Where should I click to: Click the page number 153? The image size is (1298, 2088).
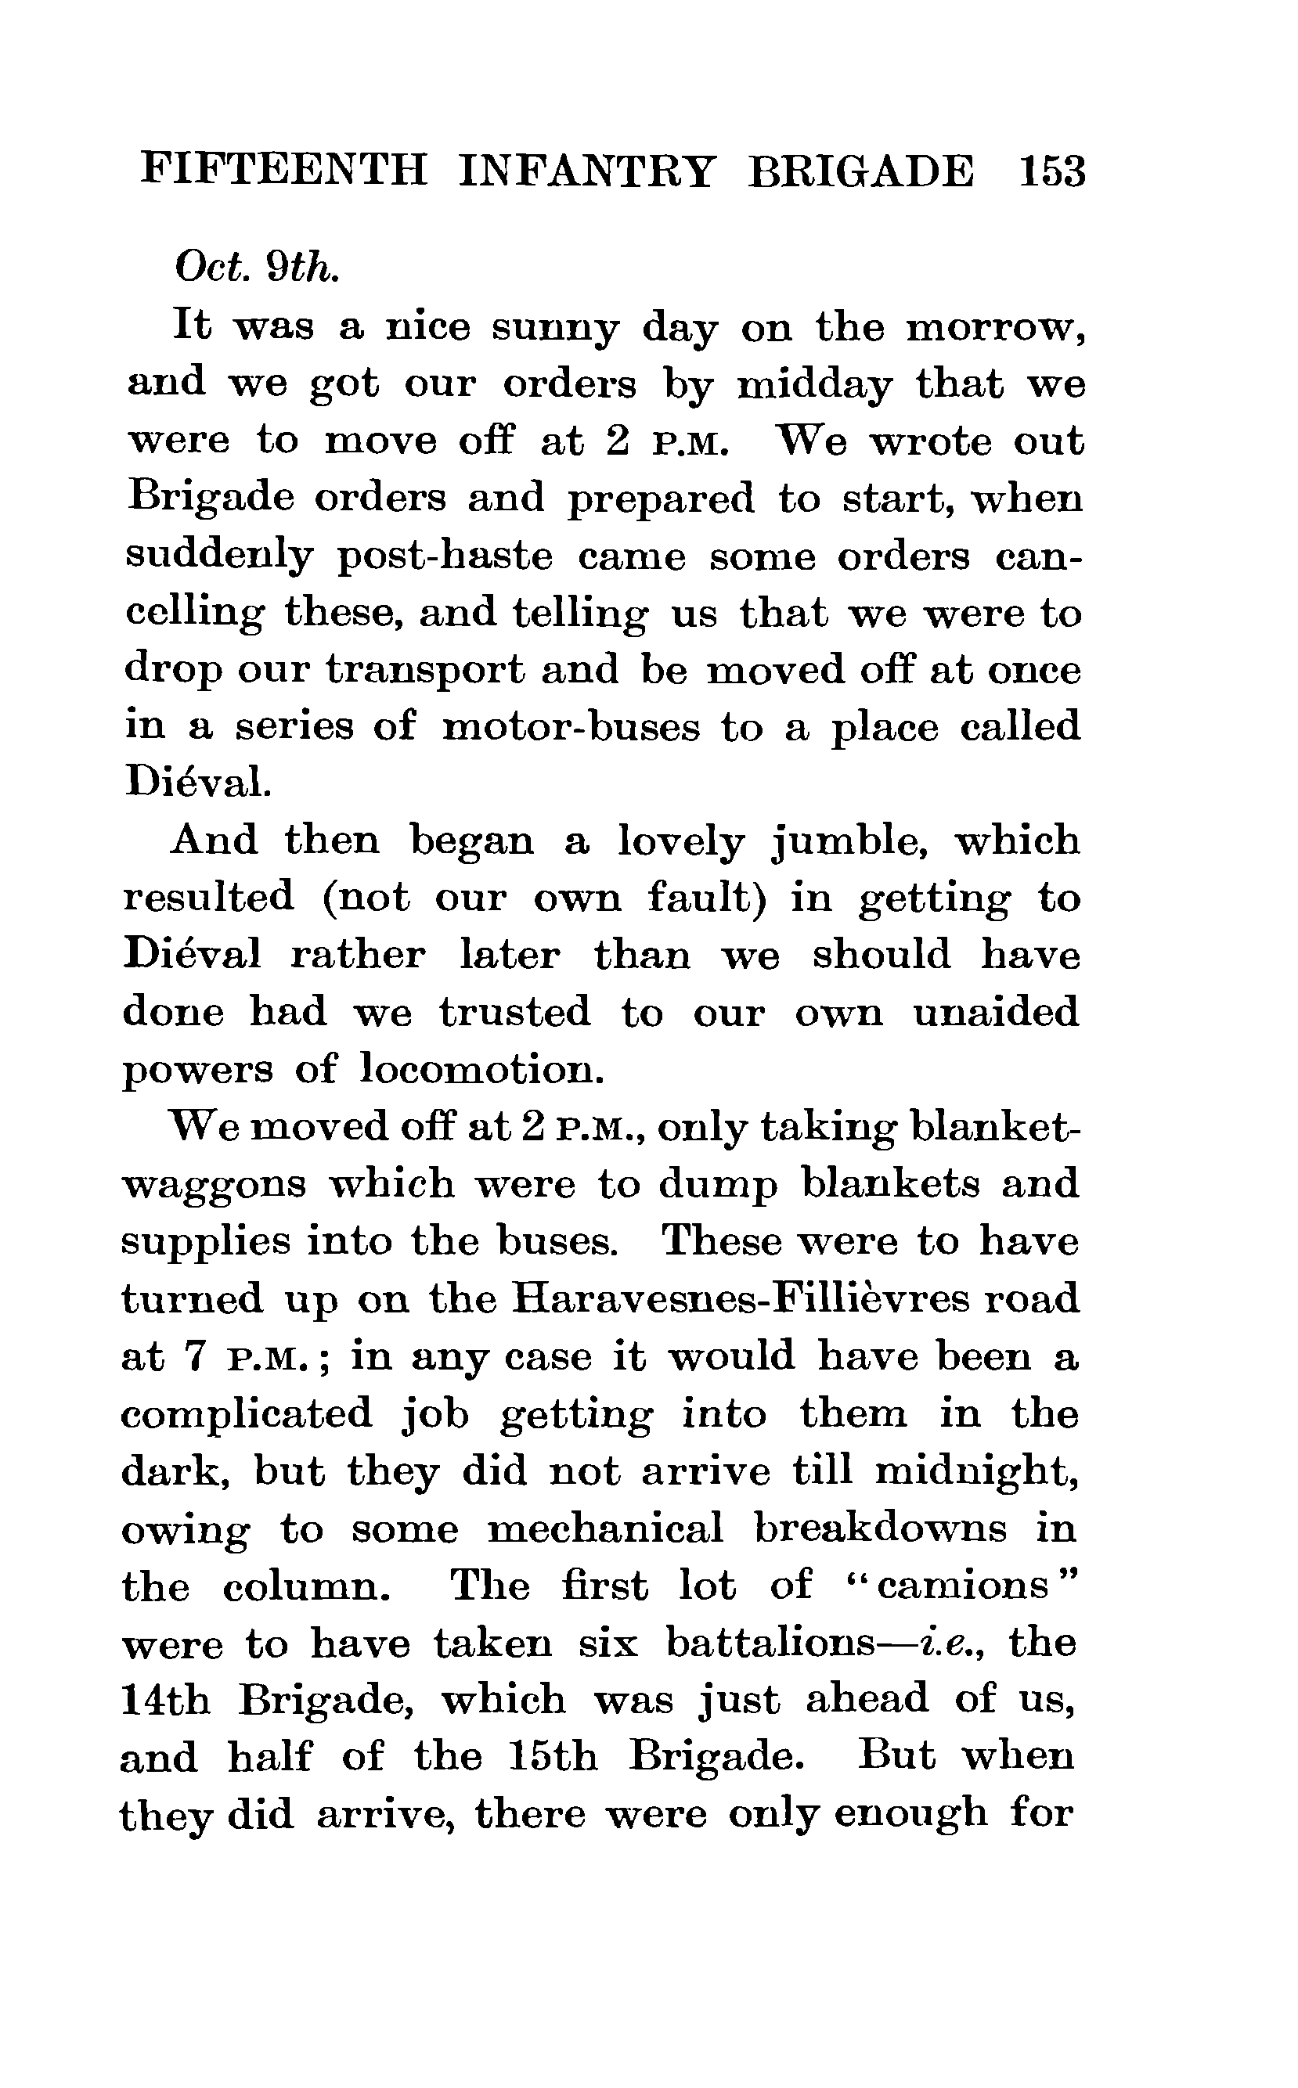pos(1051,171)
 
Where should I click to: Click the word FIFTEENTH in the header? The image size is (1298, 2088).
pos(283,171)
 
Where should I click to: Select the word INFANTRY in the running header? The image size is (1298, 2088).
pos(586,171)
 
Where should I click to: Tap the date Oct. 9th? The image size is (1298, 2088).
pos(258,268)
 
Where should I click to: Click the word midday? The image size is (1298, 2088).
pos(814,386)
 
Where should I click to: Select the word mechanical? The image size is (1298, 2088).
pos(606,1528)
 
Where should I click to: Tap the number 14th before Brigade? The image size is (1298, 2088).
pos(165,1700)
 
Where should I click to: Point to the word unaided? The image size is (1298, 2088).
pos(995,1013)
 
